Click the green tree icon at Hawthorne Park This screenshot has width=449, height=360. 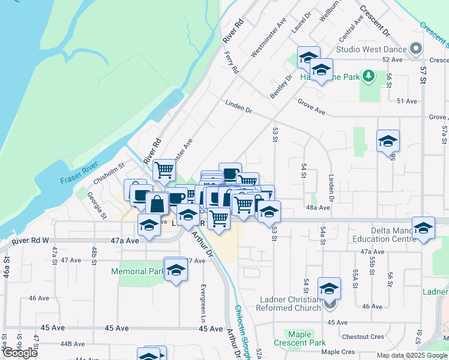(369, 77)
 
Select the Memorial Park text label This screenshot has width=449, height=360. (137, 271)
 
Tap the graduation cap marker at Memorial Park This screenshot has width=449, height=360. (176, 270)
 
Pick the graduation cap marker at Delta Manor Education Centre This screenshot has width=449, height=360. (423, 229)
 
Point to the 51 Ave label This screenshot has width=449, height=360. (406, 101)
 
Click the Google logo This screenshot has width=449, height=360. (20, 352)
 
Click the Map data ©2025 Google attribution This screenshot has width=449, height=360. (411, 355)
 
